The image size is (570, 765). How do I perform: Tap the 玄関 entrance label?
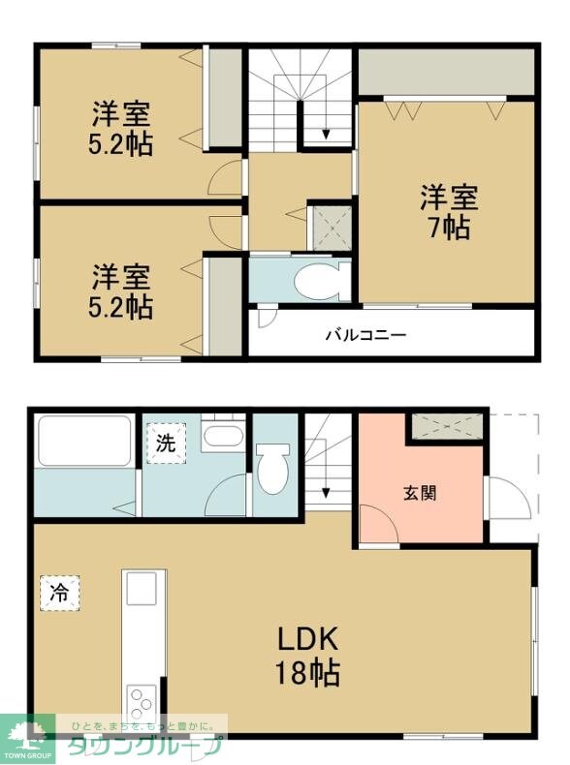419,492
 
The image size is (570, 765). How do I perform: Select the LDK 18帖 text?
308,656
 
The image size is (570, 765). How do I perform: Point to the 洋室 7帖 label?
449,213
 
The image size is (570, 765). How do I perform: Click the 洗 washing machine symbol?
166,444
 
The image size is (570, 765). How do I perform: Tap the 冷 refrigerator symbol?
59,593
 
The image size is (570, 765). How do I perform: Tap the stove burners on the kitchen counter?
140,701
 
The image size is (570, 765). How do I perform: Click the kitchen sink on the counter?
140,586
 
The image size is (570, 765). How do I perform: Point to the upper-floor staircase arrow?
327,134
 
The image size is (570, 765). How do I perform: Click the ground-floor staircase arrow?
327,492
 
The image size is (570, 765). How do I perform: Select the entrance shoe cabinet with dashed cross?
447,425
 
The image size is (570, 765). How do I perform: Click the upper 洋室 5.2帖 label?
122,128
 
